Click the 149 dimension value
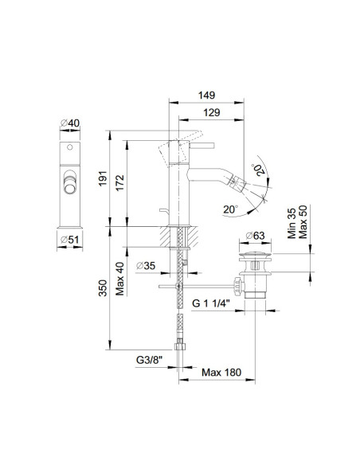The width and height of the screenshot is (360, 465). [206, 96]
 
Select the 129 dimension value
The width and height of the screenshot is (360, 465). [212, 113]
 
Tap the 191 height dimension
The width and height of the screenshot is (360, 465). [103, 178]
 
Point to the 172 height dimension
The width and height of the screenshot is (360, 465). [119, 183]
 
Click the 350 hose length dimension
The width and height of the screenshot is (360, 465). [103, 288]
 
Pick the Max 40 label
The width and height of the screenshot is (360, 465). [119, 279]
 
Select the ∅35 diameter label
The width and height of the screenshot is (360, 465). [146, 265]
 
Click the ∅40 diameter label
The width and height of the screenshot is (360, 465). [70, 123]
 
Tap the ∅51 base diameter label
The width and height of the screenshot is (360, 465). [70, 240]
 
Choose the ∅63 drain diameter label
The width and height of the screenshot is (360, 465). [255, 236]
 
